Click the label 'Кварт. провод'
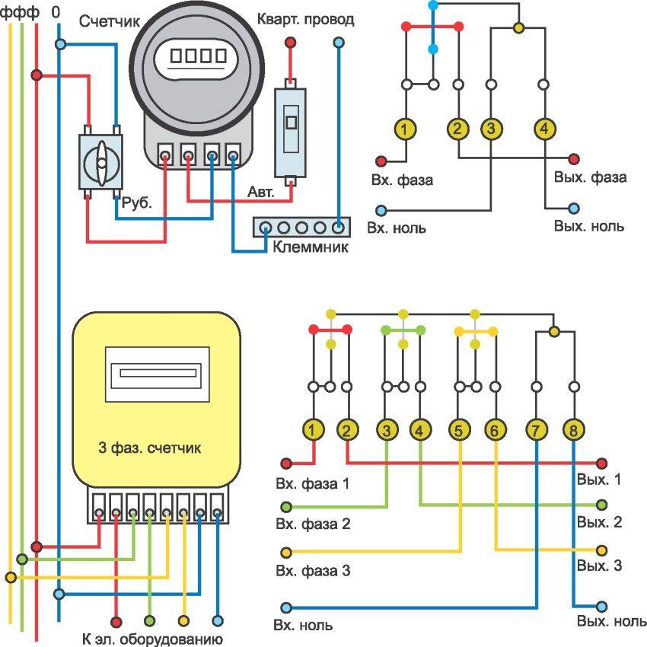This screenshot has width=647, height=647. (x=306, y=19)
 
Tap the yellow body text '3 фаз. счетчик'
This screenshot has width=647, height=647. (x=150, y=447)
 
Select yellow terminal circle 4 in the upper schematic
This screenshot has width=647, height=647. (x=543, y=129)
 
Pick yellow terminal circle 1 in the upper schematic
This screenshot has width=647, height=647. (x=406, y=129)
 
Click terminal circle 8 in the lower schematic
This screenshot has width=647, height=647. (x=573, y=431)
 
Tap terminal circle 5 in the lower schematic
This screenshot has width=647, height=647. (x=459, y=431)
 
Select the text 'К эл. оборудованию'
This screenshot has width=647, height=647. (x=151, y=638)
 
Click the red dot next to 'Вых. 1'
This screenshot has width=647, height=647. (x=601, y=463)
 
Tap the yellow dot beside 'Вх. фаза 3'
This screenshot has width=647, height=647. (x=286, y=553)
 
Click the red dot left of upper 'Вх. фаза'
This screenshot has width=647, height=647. (x=381, y=161)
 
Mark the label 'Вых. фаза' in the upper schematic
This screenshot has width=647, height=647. (x=591, y=178)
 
